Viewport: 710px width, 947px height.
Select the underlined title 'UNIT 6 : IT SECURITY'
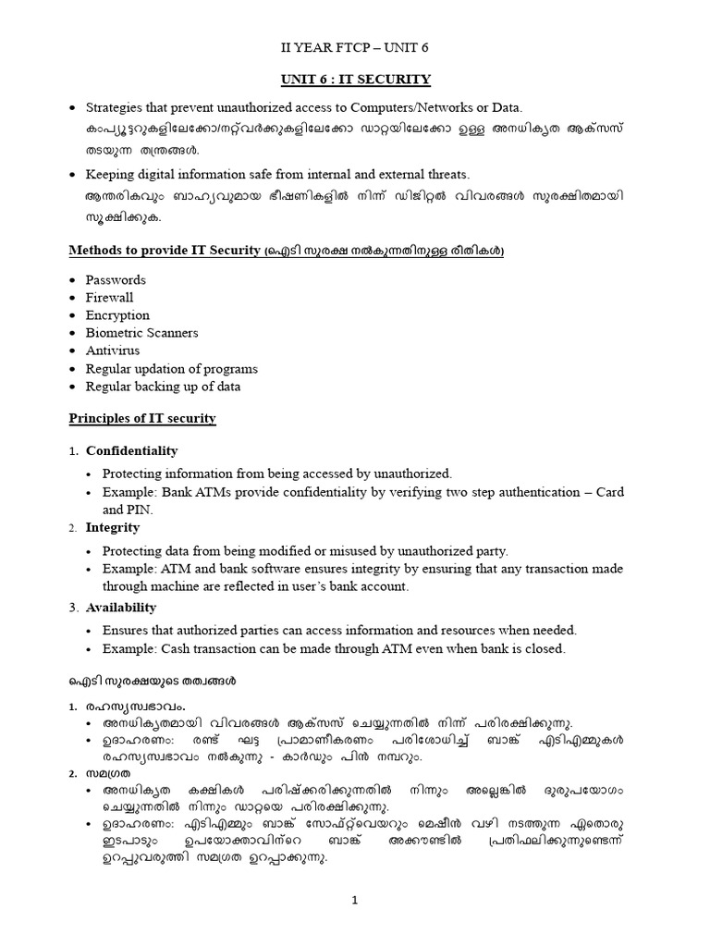coord(355,80)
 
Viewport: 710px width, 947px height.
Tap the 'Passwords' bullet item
coord(116,279)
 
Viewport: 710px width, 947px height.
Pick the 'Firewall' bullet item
coord(109,297)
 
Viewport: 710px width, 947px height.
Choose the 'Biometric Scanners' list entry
coord(141,332)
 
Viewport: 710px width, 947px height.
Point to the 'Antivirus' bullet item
coord(112,351)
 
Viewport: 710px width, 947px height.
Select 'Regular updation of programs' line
coord(171,368)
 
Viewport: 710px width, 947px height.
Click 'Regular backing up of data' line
coord(163,386)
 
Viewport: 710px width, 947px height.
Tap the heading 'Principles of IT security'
coord(142,418)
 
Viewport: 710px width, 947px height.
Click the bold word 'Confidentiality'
coord(131,450)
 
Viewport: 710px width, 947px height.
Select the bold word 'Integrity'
coord(113,527)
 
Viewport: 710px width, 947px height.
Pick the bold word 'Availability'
coord(121,607)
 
